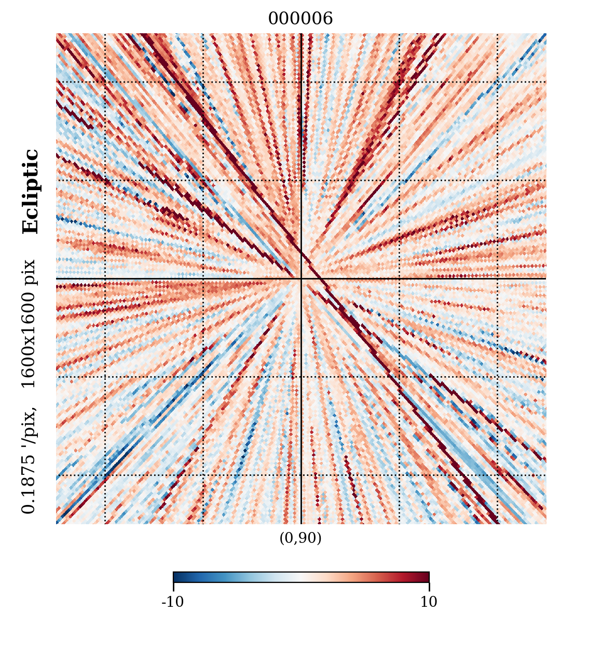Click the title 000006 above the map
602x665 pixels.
tap(300, 19)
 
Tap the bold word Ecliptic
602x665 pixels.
tap(31, 192)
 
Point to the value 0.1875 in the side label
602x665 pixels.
tap(29, 483)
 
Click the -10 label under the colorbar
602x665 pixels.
tap(173, 602)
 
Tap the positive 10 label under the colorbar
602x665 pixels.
tap(429, 602)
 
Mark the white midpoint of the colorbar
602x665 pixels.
tap(301, 577)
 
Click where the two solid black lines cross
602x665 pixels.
tap(301, 279)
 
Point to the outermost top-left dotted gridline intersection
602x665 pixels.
tap(105, 82)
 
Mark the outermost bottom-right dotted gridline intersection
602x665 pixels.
tap(497, 475)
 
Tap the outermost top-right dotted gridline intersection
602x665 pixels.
tap(497, 82)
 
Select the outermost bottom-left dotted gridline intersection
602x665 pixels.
tap(105, 475)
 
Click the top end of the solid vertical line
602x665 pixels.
tap(301, 34)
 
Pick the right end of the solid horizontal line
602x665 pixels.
tap(545, 279)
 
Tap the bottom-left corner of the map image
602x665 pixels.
tap(57, 524)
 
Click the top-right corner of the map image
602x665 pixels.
tap(546, 34)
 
